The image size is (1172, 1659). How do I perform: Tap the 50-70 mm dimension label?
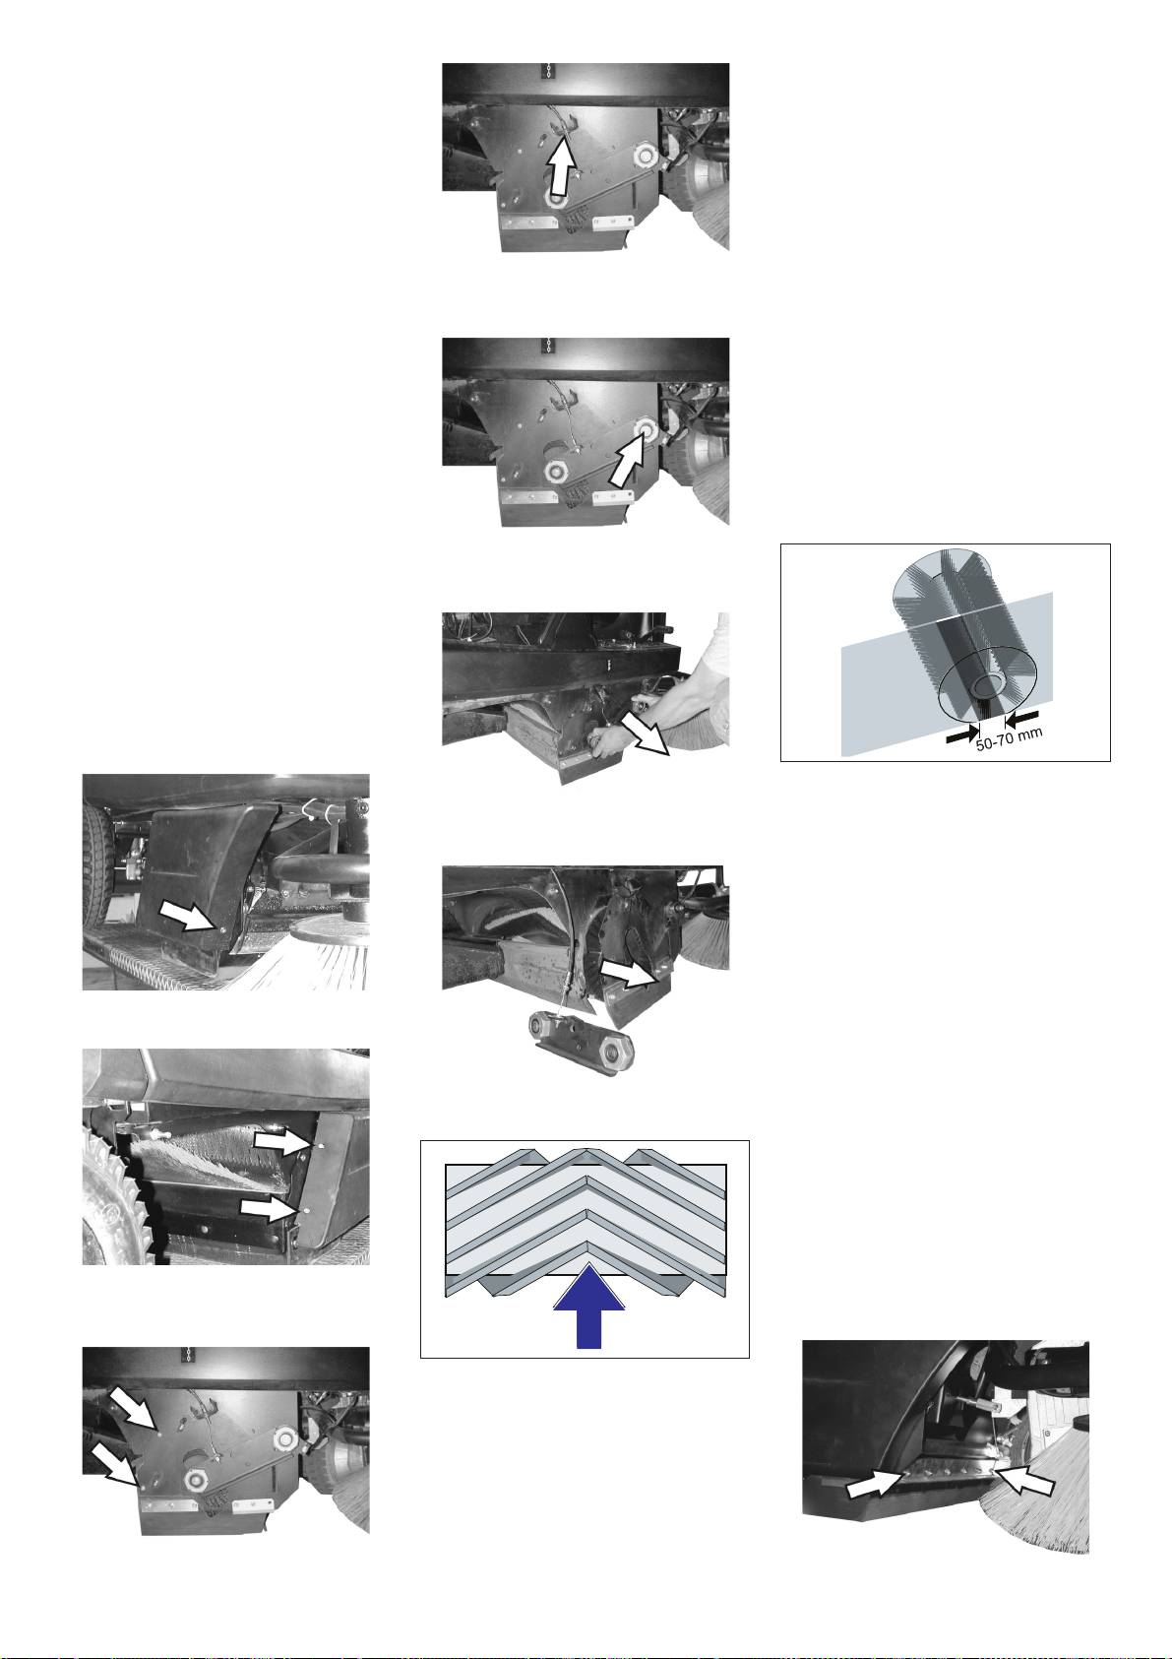click(1009, 739)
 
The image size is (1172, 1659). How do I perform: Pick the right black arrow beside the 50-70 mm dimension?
click(1022, 716)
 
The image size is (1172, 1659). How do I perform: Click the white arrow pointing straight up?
click(564, 168)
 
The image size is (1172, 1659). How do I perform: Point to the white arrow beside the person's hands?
click(646, 734)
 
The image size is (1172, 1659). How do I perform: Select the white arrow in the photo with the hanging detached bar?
click(628, 974)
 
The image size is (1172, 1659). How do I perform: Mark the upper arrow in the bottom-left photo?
click(134, 1406)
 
